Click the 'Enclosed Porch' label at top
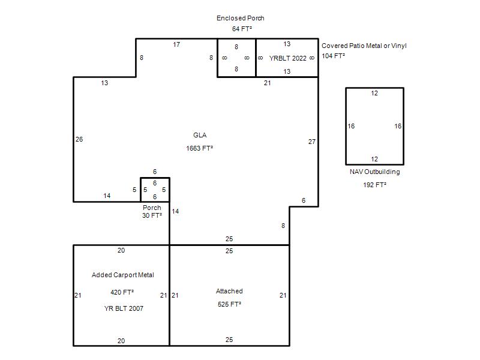(x=241, y=18)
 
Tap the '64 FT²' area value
(x=242, y=29)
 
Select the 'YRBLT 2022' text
(x=288, y=58)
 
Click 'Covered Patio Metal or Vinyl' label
(x=364, y=46)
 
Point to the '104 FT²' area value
(x=333, y=56)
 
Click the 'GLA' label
(x=200, y=135)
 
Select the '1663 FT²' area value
(x=199, y=148)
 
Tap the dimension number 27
(x=311, y=142)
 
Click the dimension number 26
(x=79, y=139)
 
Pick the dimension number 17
(x=176, y=44)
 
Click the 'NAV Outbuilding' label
(x=374, y=172)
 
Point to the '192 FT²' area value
(x=374, y=185)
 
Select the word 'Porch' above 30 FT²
(x=152, y=208)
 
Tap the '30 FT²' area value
(x=152, y=215)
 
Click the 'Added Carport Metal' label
(x=123, y=275)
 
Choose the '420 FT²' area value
(x=122, y=292)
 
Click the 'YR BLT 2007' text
(x=124, y=308)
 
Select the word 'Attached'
(x=229, y=291)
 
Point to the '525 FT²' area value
(x=229, y=304)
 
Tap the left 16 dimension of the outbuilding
(x=351, y=126)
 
